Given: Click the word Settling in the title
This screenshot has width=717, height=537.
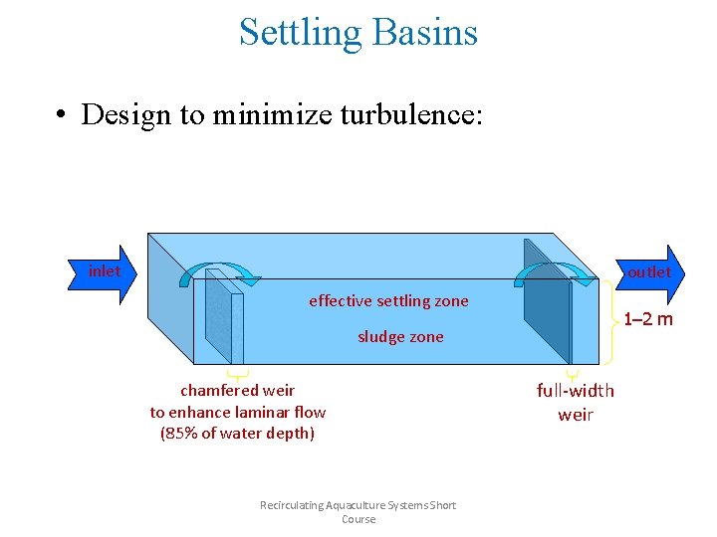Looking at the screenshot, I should coord(300,33).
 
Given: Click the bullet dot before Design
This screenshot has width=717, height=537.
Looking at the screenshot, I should coord(62,115).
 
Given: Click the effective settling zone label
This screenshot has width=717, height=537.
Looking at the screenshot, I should coord(388,300).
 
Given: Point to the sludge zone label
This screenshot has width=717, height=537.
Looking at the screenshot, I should coord(400,337).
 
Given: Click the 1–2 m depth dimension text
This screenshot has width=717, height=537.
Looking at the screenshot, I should coord(648,319).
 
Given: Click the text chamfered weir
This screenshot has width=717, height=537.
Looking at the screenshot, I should coord(237,391).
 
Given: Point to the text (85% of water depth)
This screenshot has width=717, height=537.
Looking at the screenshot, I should coord(237,433).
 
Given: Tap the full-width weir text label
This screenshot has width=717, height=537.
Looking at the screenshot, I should coord(576,403).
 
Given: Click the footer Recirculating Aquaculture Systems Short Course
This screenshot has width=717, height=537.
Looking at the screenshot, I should coord(358,512).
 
